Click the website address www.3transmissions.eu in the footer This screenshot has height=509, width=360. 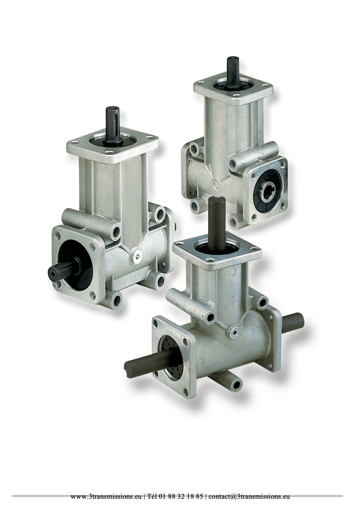coord(106,496)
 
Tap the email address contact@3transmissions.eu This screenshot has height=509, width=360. coord(249,496)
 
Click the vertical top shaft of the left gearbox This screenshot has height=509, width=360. coord(113,124)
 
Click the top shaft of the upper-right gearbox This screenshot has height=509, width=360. coord(233,72)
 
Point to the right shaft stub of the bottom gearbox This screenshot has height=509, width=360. coord(293,323)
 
